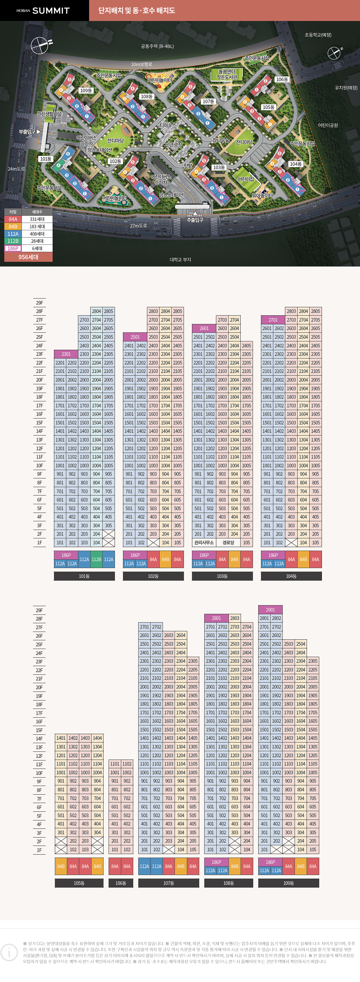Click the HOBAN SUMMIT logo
click(43, 11)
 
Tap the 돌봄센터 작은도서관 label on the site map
click(226, 74)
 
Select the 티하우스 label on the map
click(168, 125)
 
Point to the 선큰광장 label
click(173, 145)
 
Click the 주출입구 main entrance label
click(195, 220)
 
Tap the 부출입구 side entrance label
click(28, 132)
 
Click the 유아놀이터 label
click(262, 195)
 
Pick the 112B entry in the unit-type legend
click(13, 241)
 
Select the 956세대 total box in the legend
click(28, 257)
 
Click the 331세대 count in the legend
click(37, 219)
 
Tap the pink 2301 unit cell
click(66, 354)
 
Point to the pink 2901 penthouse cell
click(270, 610)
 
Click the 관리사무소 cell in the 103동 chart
click(204, 543)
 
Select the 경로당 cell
click(228, 543)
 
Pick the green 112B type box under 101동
click(97, 559)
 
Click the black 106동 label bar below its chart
click(121, 883)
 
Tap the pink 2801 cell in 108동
click(216, 618)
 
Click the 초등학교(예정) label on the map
click(318, 35)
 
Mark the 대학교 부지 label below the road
click(180, 260)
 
